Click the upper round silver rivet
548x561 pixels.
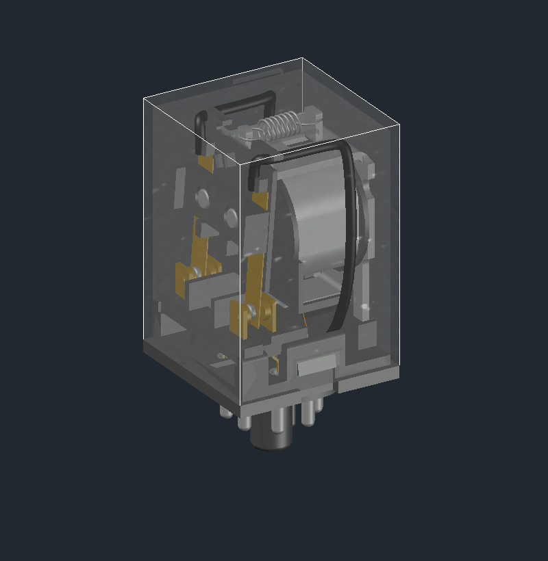[x=203, y=197]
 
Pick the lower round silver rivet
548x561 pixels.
[x=231, y=218]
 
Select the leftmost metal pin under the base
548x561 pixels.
[x=225, y=411]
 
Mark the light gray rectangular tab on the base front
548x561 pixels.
[x=316, y=364]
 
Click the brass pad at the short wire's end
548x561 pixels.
[x=206, y=163]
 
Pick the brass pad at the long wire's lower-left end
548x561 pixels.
[x=260, y=200]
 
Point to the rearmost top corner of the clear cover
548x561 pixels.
[x=302, y=58]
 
